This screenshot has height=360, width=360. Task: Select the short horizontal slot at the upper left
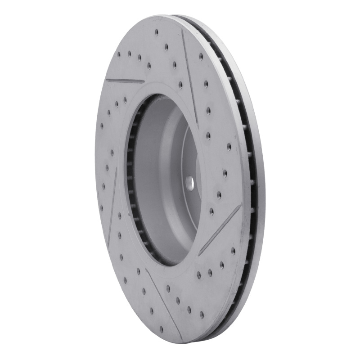(125, 81)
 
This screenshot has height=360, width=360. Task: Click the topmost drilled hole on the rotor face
(156, 32)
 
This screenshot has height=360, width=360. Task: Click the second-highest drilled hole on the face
(166, 46)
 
